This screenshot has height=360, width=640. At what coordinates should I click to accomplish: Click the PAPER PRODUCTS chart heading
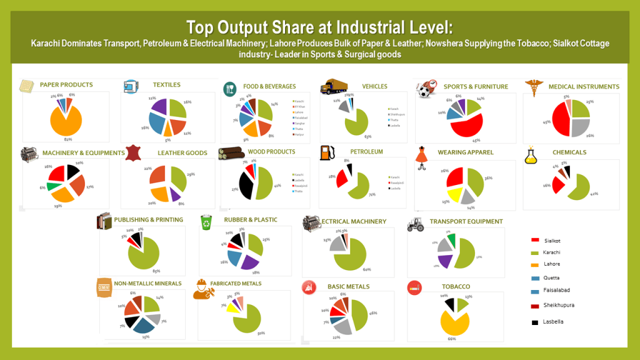coord(66,85)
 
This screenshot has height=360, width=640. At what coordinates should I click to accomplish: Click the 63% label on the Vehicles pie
coord(368,137)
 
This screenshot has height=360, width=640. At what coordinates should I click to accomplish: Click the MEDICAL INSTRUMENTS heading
coord(583,86)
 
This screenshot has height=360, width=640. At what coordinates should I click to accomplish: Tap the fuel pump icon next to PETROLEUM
coord(325,152)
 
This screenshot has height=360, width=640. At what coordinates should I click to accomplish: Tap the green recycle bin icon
coord(206,222)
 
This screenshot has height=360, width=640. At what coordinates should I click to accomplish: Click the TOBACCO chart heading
coord(456,286)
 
